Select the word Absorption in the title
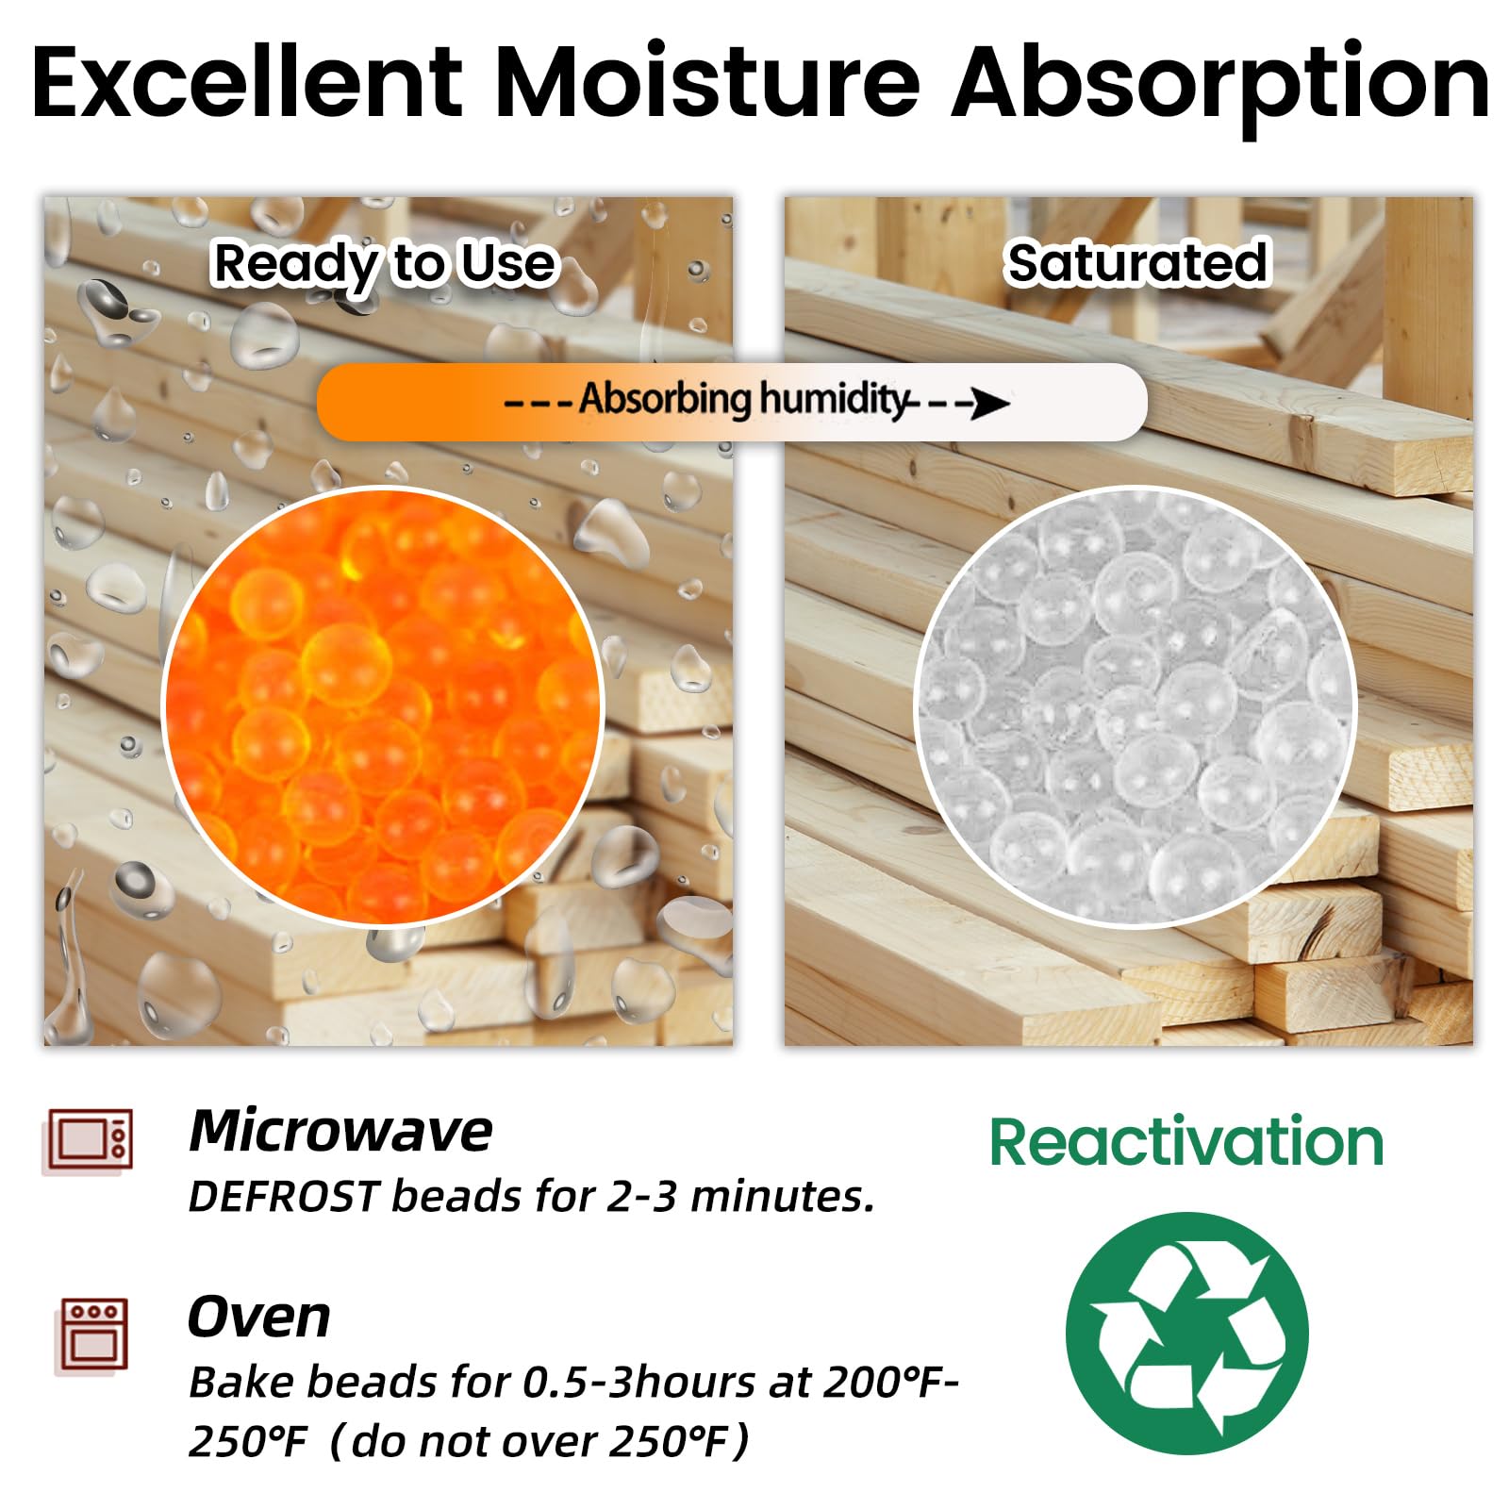tap(1220, 90)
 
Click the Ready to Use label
tap(385, 264)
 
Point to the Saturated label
tap(1137, 262)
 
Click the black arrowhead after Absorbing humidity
tap(990, 403)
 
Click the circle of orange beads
tap(383, 705)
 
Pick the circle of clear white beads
tap(1136, 705)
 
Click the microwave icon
tap(90, 1140)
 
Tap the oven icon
tap(92, 1335)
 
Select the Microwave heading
tap(340, 1130)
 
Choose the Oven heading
tap(259, 1317)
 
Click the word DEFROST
tap(285, 1196)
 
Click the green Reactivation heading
tap(1186, 1142)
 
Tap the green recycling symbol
tap(1187, 1333)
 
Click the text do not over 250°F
tap(539, 1442)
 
